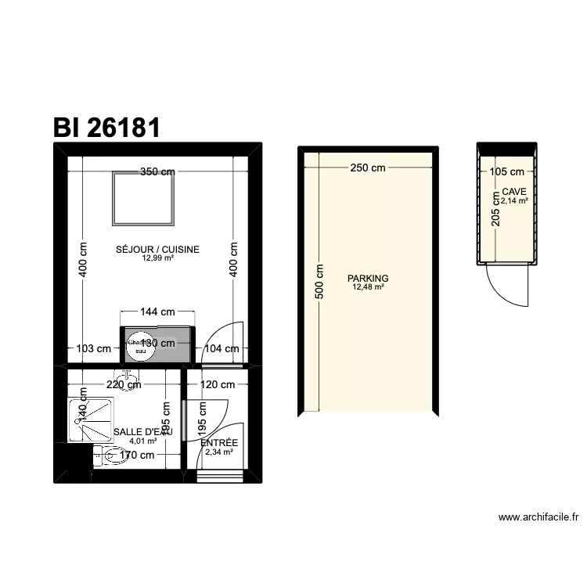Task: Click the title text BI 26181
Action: click(106, 127)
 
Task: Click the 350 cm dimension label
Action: click(157, 172)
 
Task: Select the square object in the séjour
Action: click(143, 196)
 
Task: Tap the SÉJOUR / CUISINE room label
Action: click(157, 250)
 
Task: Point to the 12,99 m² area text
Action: click(157, 258)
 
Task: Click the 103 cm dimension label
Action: click(92, 349)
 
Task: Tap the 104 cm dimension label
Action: click(221, 349)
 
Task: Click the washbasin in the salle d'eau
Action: click(126, 375)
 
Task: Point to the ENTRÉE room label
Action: click(219, 443)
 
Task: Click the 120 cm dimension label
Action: click(218, 384)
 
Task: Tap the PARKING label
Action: click(368, 278)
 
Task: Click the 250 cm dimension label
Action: click(367, 167)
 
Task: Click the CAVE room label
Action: click(514, 192)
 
